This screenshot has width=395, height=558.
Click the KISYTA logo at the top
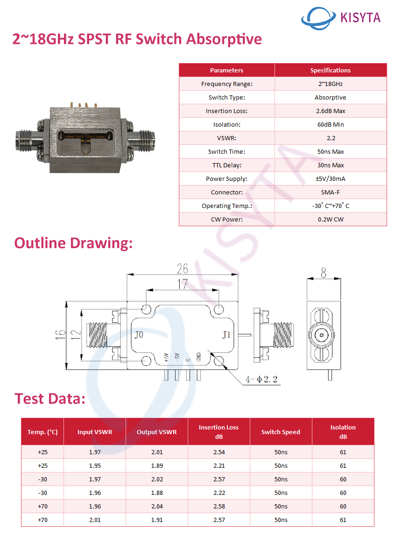pyautogui.click(x=341, y=18)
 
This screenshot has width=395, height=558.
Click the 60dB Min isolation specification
pyautogui.click(x=330, y=124)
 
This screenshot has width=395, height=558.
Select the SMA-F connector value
pyautogui.click(x=330, y=192)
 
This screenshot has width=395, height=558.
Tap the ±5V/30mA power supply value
pyautogui.click(x=330, y=179)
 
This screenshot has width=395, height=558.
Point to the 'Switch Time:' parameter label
pyautogui.click(x=226, y=151)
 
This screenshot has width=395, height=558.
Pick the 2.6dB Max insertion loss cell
pyautogui.click(x=330, y=111)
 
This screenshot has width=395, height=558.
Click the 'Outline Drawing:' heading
pyautogui.click(x=73, y=243)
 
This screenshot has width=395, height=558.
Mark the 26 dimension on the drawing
pyautogui.click(x=182, y=269)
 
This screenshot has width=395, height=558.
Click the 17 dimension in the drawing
pyautogui.click(x=182, y=284)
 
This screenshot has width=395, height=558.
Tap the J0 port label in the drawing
pyautogui.click(x=139, y=335)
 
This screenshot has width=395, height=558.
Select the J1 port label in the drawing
pyautogui.click(x=226, y=335)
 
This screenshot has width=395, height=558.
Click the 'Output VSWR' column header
pyautogui.click(x=156, y=432)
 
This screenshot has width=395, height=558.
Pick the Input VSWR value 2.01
pyautogui.click(x=95, y=520)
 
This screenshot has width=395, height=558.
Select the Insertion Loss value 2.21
pyautogui.click(x=219, y=465)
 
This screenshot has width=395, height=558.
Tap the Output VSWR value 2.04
pyautogui.click(x=156, y=506)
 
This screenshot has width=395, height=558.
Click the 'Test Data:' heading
pyautogui.click(x=49, y=399)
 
